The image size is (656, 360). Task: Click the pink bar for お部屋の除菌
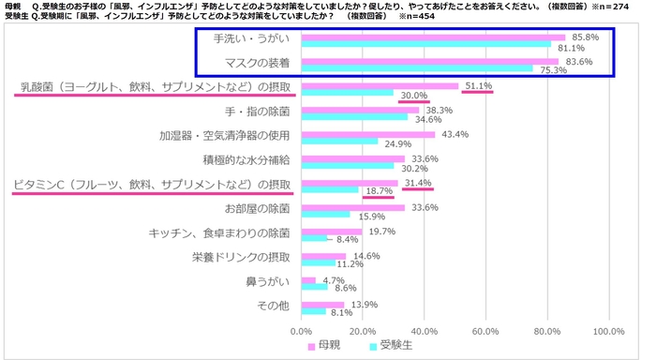click(x=352, y=207)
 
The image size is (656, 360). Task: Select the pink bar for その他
click(x=322, y=305)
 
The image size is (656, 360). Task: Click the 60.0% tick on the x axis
click(x=485, y=331)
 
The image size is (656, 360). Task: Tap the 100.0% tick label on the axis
click(x=609, y=331)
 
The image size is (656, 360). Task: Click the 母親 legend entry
click(x=322, y=347)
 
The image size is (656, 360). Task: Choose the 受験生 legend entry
click(x=389, y=347)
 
